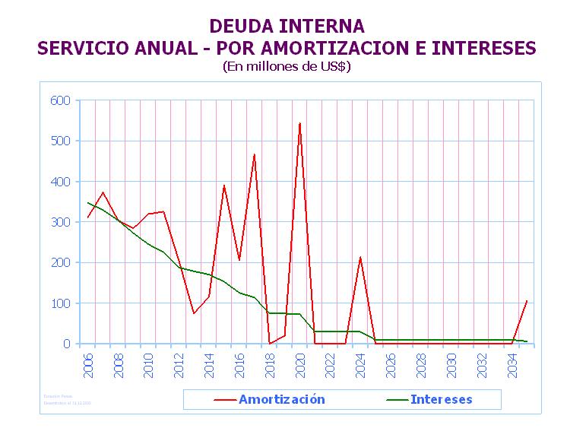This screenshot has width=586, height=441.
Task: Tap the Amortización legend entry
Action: [281, 399]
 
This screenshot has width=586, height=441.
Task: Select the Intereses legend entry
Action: [441, 399]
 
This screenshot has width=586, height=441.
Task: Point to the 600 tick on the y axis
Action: [60, 100]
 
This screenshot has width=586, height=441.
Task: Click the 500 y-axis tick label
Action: [60, 141]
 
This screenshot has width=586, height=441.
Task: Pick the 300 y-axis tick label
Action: [60, 222]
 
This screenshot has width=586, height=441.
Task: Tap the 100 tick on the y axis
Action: [60, 303]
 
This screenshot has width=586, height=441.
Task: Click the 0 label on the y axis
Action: [66, 344]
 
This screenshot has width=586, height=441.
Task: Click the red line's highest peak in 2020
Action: [299, 123]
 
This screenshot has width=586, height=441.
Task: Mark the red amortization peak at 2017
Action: [255, 154]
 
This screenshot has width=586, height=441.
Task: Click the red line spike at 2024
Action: [360, 258]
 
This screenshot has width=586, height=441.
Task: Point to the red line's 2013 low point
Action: [194, 313]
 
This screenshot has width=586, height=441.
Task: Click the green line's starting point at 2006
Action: [88, 203]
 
